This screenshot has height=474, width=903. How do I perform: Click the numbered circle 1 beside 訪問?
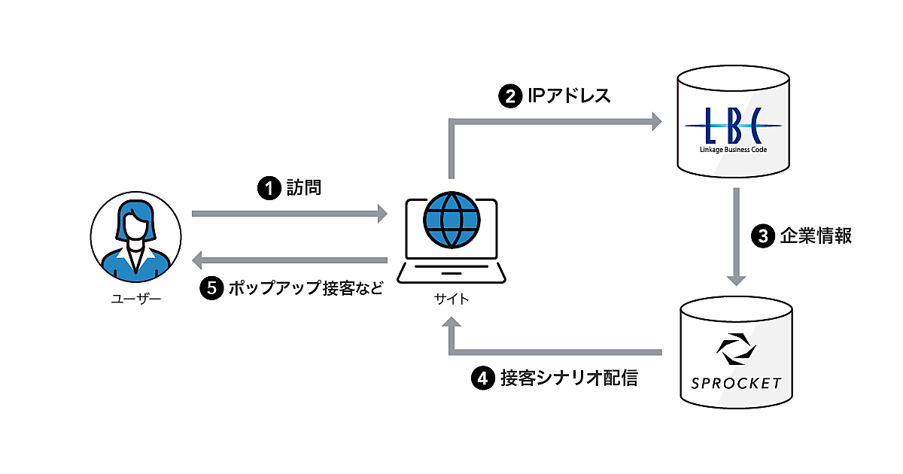pos(269,188)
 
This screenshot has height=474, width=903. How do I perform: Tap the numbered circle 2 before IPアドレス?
pos(509,96)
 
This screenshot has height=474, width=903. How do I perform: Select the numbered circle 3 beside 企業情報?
pos(762,236)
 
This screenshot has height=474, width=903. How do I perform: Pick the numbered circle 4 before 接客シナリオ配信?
pos(482,378)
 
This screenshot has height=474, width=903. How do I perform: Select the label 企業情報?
pos(816,236)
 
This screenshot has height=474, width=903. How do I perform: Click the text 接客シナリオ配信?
pos(569,378)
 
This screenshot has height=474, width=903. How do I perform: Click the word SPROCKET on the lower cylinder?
pos(736,383)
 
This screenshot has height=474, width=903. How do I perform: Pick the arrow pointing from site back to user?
pos(290,261)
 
